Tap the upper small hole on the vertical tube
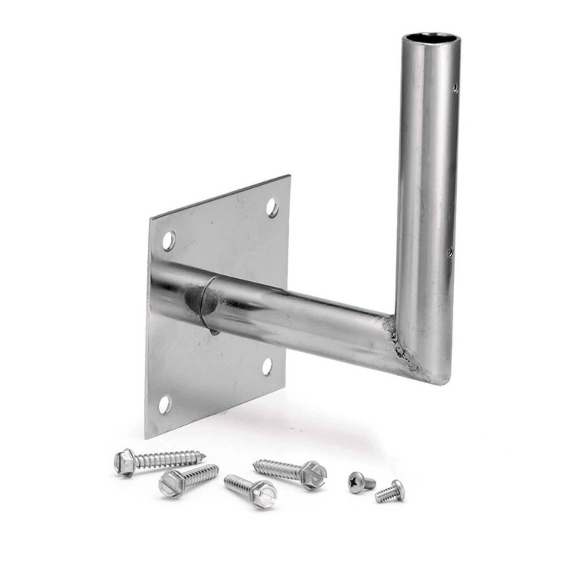coord(456,88)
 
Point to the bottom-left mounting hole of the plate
coord(166,403)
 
